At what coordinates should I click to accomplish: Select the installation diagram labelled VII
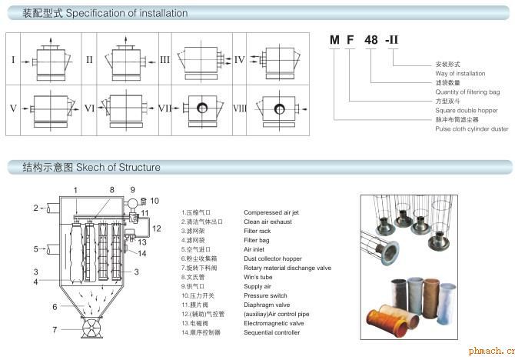coord(201,108)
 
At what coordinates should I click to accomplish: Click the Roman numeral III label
coord(164,59)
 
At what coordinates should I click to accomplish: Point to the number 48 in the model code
coord(370,42)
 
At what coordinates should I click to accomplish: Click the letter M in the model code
coord(334,42)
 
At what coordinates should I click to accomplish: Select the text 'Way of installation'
coord(460,74)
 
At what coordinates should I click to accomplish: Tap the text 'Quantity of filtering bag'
coord(467,92)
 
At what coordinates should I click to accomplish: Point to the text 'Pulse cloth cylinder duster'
coord(471,129)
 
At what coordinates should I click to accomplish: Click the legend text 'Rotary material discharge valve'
coord(287,268)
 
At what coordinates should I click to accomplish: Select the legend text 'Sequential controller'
coord(271,332)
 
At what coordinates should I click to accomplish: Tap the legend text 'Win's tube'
coord(259,277)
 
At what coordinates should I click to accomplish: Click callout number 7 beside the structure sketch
coord(55,331)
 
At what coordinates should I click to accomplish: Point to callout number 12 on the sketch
coord(156,228)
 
